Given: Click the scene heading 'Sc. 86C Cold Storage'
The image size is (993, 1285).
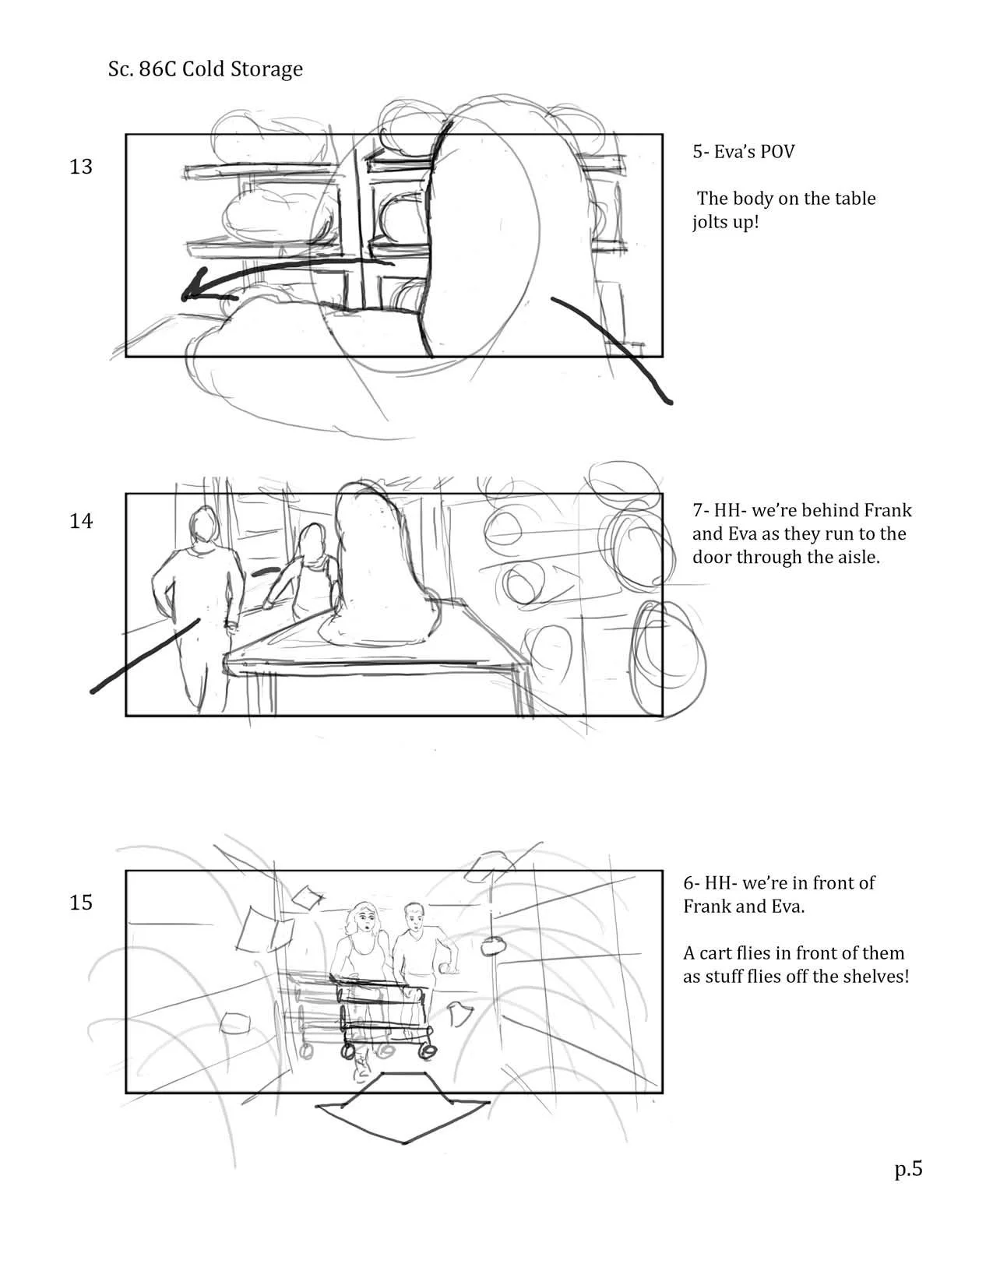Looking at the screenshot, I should click(206, 69).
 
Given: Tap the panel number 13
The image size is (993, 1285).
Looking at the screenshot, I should click(81, 167).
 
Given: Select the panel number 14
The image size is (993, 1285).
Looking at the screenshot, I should click(81, 521).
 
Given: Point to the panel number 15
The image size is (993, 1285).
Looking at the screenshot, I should click(81, 903).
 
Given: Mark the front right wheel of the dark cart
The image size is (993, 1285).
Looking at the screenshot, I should click(426, 1051).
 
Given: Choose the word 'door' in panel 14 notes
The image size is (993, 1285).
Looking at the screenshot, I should click(712, 557).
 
